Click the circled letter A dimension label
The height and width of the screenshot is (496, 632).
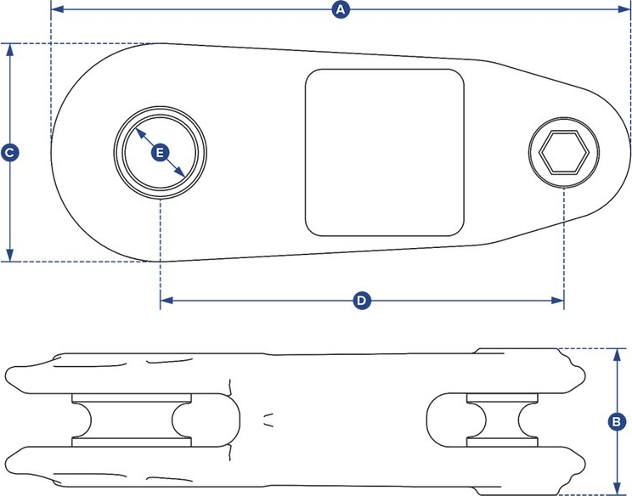341,9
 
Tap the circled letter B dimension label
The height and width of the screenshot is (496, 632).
617,422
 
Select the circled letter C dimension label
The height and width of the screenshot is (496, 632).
9,153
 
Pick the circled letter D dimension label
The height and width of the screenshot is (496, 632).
362,301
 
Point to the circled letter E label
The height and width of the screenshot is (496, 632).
160,153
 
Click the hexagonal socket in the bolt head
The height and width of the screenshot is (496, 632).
564,152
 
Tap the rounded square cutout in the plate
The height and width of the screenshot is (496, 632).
385,152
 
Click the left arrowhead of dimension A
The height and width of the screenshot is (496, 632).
58,9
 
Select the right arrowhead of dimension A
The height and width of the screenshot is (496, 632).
624,9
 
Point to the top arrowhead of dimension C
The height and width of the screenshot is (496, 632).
10,50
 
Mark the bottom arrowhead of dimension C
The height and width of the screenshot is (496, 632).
10,255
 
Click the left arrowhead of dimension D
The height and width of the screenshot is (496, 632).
166,301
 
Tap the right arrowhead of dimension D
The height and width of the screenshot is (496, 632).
557,301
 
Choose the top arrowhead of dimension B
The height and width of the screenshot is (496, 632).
617,355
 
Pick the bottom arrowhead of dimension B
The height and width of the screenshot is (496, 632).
617,488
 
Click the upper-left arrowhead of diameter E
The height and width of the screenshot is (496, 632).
140,133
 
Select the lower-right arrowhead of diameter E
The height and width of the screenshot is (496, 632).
180,172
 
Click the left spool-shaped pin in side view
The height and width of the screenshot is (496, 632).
132,420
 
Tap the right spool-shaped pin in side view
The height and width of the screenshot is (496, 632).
502,420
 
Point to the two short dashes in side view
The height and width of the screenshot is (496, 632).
268,420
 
